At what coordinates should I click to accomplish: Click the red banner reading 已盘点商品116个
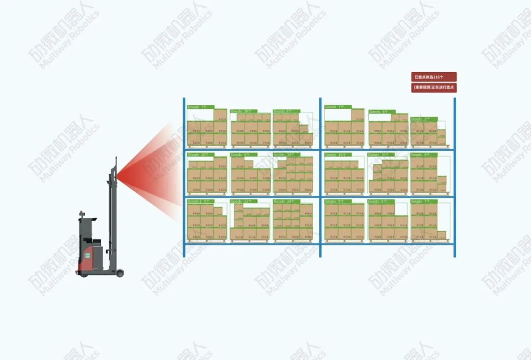434,77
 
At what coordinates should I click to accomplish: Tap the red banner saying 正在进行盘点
434,88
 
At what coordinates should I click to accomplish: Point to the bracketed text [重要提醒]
421,88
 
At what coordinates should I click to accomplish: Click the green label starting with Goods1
200,201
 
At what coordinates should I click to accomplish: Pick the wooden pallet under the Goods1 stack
206,241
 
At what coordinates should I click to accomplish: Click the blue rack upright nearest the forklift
184,177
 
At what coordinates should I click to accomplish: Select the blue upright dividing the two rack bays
320,177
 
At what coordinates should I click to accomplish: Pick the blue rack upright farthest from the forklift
455,177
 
